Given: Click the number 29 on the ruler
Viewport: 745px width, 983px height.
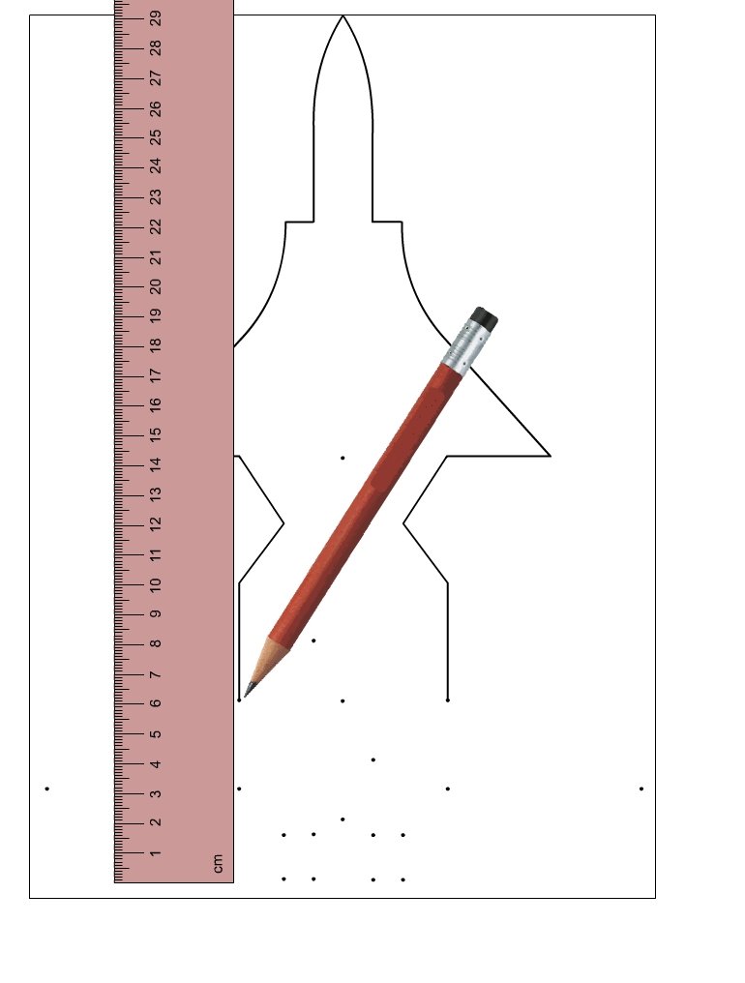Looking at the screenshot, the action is click(156, 16).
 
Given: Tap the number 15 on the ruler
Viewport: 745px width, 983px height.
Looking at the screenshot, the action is click(156, 433).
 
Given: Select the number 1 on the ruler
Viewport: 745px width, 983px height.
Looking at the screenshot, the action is click(156, 853).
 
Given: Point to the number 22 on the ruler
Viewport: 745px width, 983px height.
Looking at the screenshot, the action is click(156, 225).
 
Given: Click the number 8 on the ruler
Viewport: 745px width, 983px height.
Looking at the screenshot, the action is click(156, 643).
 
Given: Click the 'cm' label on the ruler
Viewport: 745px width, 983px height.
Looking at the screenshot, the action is click(218, 863).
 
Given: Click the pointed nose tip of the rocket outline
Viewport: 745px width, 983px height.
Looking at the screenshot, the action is click(343, 16).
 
